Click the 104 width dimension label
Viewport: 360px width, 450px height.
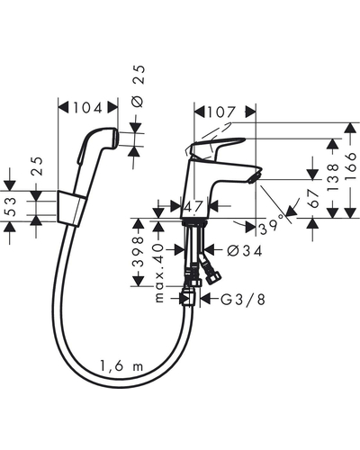coord(87,108)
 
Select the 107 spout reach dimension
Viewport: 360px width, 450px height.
coord(220,112)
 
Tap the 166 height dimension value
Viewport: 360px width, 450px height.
coord(350,166)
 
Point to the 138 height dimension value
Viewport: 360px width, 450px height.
coord(333,177)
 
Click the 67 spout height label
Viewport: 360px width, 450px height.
coord(314,199)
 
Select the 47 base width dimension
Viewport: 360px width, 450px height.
coord(193,206)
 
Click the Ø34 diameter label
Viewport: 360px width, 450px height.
coord(244,250)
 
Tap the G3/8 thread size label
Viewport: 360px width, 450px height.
coord(243,299)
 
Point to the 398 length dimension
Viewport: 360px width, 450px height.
coord(139,252)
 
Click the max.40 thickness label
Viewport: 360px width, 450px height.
coord(159,273)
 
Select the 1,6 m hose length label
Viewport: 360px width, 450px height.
coord(121,365)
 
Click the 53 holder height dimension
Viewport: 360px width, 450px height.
coord(11,206)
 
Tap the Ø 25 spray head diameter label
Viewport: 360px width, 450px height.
coord(138,86)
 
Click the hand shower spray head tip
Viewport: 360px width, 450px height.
coord(115,139)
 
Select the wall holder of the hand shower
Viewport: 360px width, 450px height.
coord(71,208)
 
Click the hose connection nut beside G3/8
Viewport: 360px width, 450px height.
coord(189,297)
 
